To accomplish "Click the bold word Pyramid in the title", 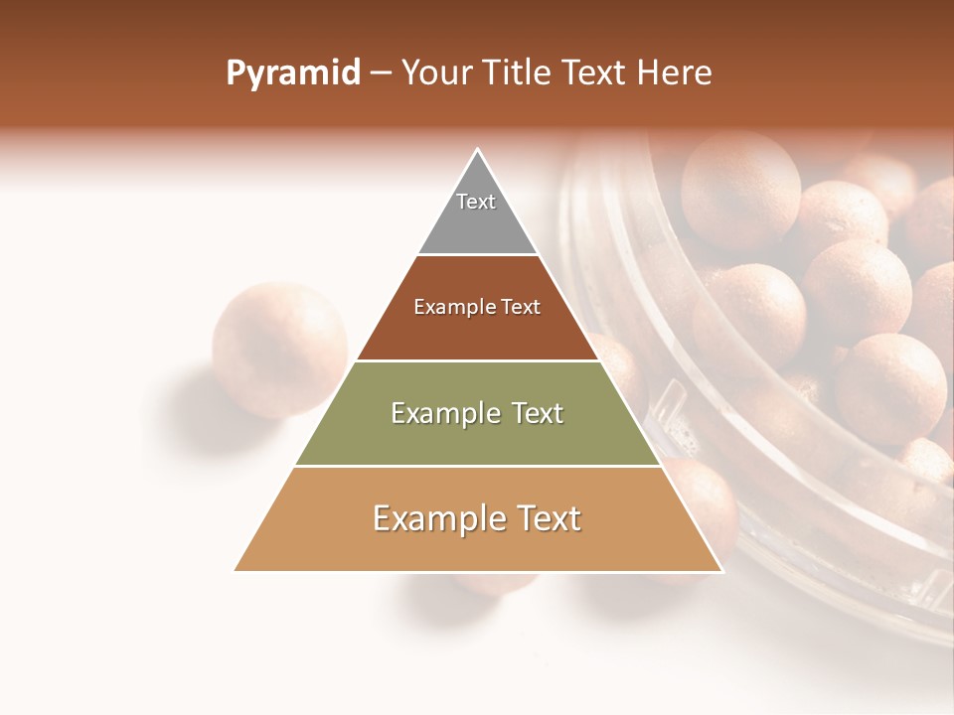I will tap(292, 73).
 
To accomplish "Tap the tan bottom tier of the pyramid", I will tap(478, 546).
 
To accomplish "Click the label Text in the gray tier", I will tap(476, 202).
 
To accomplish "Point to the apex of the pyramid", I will tap(478, 151).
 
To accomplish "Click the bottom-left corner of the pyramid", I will tap(236, 570).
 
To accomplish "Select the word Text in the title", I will tap(597, 73).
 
